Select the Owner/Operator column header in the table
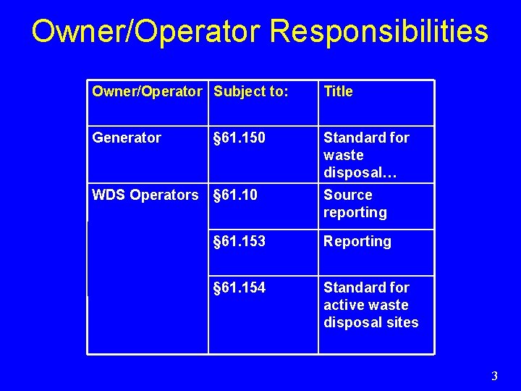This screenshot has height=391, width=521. click(x=147, y=91)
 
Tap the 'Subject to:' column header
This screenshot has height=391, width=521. click(x=251, y=91)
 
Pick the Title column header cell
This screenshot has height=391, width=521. click(x=338, y=91)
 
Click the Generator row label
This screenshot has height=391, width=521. click(x=127, y=138)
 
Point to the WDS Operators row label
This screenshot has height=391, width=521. click(x=145, y=195)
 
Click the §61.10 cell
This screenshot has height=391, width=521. click(x=235, y=195)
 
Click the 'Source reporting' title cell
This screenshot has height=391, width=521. click(x=355, y=203)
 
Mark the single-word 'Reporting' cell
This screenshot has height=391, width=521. click(x=357, y=241)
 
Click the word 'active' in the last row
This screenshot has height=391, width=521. click(x=344, y=305)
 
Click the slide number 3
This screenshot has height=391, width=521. click(x=494, y=376)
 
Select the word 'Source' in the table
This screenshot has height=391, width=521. click(x=347, y=195)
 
